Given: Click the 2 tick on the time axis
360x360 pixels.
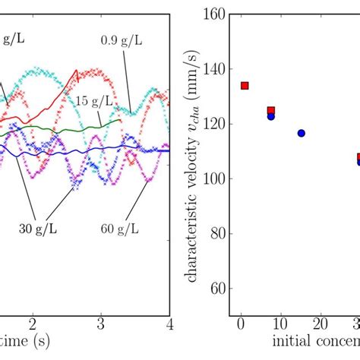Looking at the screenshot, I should click(x=32, y=324).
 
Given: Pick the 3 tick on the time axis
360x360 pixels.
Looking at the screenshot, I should click(x=101, y=324).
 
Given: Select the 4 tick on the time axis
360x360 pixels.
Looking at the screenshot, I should click(x=170, y=324).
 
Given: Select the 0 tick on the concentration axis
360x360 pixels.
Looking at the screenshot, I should click(x=240, y=324).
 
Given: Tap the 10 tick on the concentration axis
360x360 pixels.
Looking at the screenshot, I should click(x=279, y=324).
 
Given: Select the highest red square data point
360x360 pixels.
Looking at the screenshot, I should click(x=244, y=86).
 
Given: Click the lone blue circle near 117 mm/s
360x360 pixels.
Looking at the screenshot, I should click(x=301, y=133).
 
